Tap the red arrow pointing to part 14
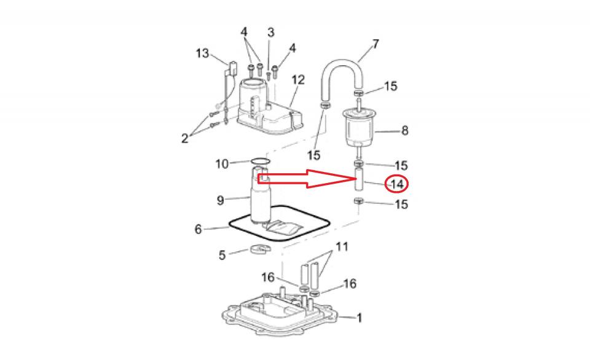pos(305,179)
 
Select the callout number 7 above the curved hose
pos(376,44)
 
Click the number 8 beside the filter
pos(404,130)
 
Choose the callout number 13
pos(202,53)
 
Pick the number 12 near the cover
pos(298,80)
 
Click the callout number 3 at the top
pos(271,33)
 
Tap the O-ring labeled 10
pos(260,162)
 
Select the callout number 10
pos(222,164)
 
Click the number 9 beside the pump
pos(221,200)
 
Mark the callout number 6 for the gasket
pos(199,229)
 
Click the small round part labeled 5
pos(261,249)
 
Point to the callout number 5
pos(222,255)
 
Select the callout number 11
pos(342,247)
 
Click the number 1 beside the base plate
pos(360,318)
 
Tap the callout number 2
pos(184,138)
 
